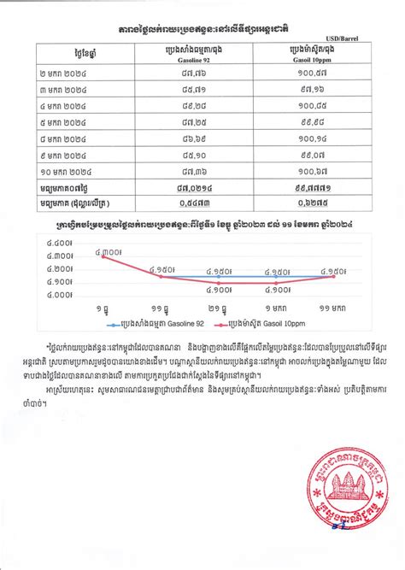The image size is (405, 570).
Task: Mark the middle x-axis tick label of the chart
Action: pyautogui.click(x=217, y=307)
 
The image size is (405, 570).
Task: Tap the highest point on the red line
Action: pyautogui.click(x=103, y=257)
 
